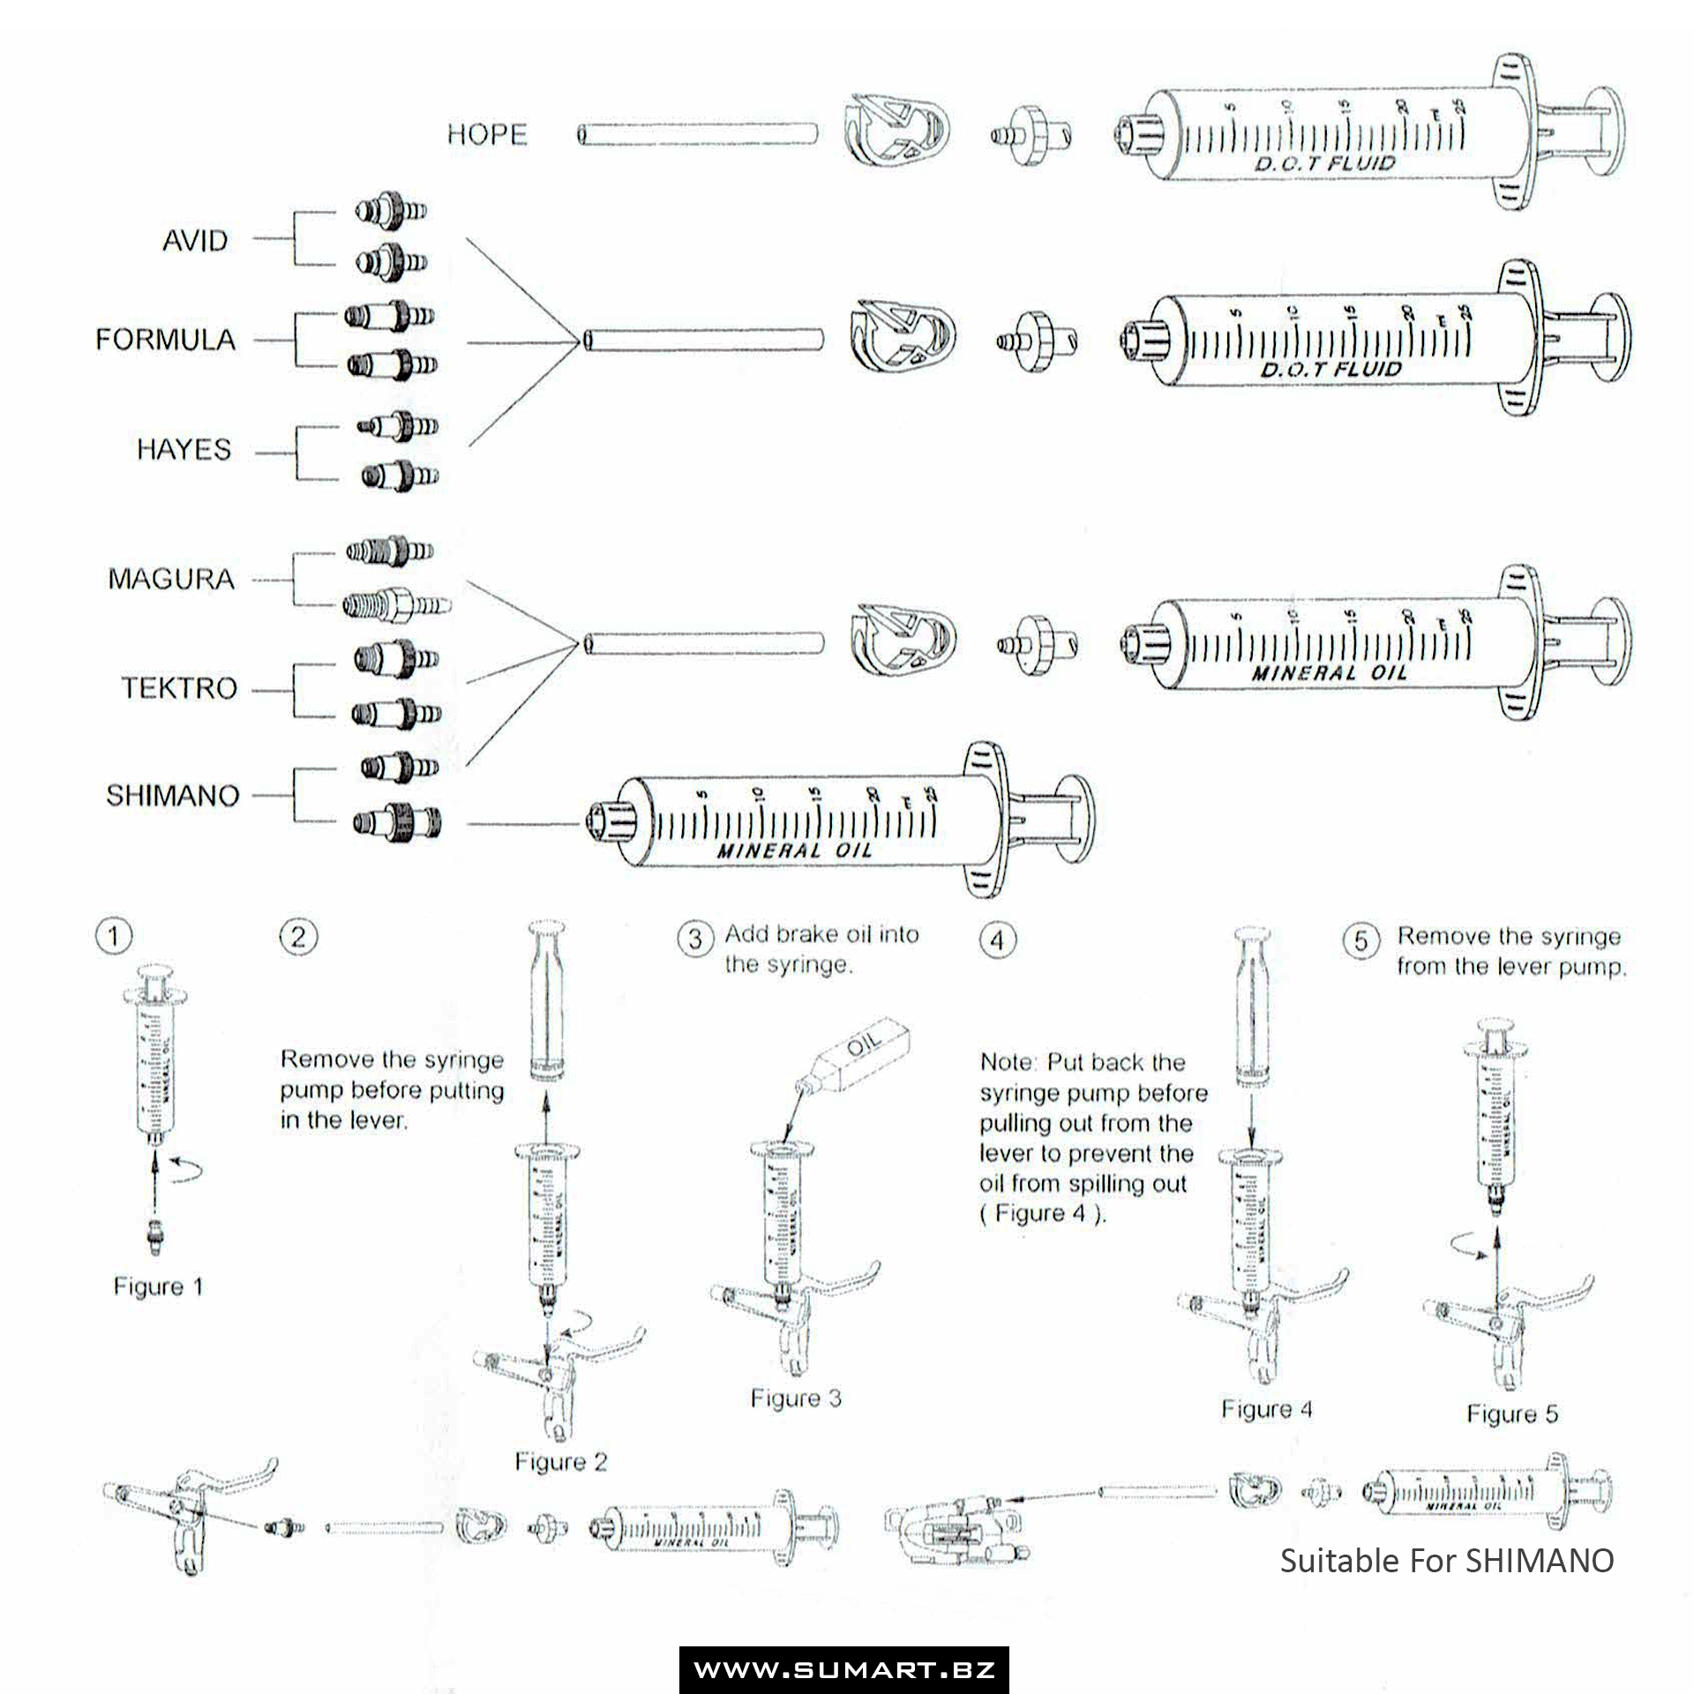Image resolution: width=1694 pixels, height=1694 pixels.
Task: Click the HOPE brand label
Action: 487,135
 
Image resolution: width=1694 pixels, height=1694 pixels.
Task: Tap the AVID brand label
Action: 195,240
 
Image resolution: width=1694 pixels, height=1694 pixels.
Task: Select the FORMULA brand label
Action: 166,340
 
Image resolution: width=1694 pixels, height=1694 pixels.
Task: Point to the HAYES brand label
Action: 184,450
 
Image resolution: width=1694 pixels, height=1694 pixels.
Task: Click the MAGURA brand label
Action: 171,580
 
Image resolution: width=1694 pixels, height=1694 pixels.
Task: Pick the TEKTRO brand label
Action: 179,688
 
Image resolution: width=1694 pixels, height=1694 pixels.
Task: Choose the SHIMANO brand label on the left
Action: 173,796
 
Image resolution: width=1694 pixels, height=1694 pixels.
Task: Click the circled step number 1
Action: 113,936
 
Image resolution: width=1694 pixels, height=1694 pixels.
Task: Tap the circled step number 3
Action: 695,939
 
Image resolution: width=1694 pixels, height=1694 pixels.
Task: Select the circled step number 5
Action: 1361,941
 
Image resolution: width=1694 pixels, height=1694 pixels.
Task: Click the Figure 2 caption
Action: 561,1462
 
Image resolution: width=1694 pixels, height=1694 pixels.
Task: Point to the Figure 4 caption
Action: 1267,1409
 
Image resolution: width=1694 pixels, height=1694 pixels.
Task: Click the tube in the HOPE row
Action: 697,135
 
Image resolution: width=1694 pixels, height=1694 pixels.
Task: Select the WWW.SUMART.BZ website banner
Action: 844,1669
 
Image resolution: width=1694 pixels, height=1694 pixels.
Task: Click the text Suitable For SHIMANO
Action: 1447,1560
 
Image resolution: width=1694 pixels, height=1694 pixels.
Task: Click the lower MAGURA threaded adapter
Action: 396,606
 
